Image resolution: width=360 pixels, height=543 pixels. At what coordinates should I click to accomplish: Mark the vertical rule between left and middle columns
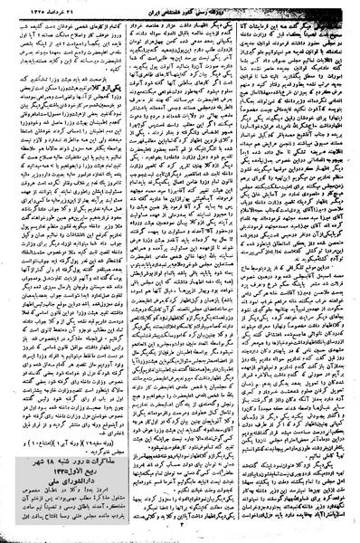pyautogui.click(x=124, y=271)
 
